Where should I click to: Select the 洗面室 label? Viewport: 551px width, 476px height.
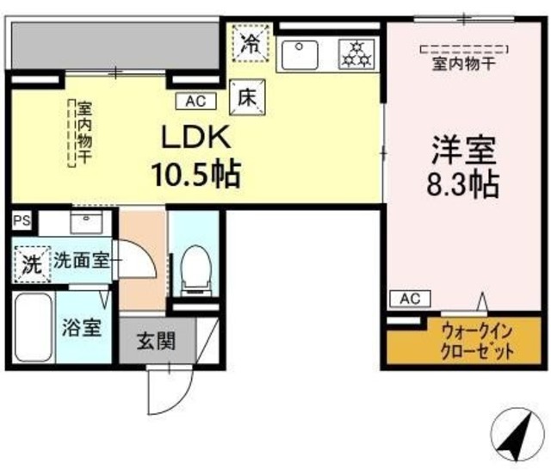click(x=82, y=262)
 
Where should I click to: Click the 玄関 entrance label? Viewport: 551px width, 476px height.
click(x=156, y=341)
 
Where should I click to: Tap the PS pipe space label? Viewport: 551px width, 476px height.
click(x=21, y=220)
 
